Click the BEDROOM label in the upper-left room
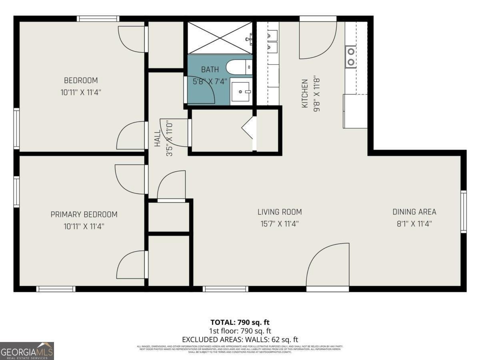pos(80,80)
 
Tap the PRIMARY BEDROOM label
pos(84,215)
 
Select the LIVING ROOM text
pos(280,212)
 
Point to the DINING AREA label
pos(414,212)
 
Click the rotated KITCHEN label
pos(305,94)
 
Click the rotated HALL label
pos(158,138)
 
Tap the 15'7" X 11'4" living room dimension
pos(280,224)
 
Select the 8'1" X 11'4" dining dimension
pos(414,224)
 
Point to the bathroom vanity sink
pos(242,92)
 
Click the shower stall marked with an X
pos(220,38)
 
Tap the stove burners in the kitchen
pos(351,56)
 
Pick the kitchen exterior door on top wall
pos(318,38)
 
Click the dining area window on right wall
pos(463,212)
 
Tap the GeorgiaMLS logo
pos(27,351)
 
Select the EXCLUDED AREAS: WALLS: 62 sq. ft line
pos(240,339)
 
